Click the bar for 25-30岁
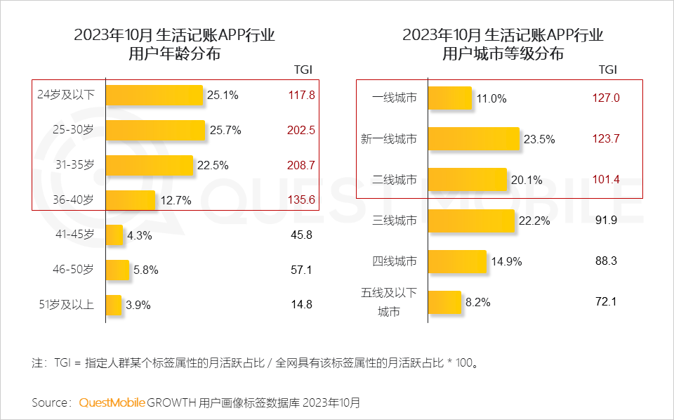pos(155,131)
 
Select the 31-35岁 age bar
pos(150,166)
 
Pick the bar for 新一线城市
pos(473,139)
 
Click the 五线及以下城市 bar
pos(444,303)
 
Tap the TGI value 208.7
pos(301,166)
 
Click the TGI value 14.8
pos(301,305)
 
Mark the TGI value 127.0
pos(606,98)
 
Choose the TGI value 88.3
pos(606,261)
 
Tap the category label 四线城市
pos(394,261)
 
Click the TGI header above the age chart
pos(303,70)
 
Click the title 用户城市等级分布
pos(503,53)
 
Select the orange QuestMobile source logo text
pos(112,402)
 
